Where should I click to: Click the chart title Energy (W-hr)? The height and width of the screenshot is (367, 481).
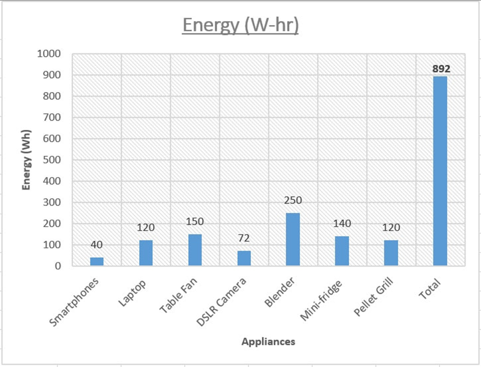[240, 25]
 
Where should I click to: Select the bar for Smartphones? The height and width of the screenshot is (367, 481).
[97, 261]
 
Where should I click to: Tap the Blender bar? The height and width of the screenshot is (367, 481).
[293, 239]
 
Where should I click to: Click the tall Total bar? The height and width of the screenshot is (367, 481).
[440, 171]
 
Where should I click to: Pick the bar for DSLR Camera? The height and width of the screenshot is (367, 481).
[244, 258]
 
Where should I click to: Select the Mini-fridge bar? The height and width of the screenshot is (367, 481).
[342, 251]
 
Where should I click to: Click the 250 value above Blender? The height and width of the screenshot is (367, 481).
[293, 201]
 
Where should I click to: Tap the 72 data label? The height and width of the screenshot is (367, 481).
[244, 239]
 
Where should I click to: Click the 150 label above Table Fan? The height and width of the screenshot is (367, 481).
[195, 222]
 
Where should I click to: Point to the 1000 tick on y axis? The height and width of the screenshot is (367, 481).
[49, 54]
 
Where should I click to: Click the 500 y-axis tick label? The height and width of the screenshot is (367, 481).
[52, 160]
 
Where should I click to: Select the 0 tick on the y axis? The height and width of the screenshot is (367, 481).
[58, 266]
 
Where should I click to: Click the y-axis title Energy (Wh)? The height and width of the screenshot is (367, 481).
[26, 160]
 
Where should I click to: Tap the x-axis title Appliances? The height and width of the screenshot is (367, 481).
[268, 341]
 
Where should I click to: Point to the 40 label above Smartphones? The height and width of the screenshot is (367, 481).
[97, 245]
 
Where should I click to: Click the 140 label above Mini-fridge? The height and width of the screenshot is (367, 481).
[342, 224]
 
